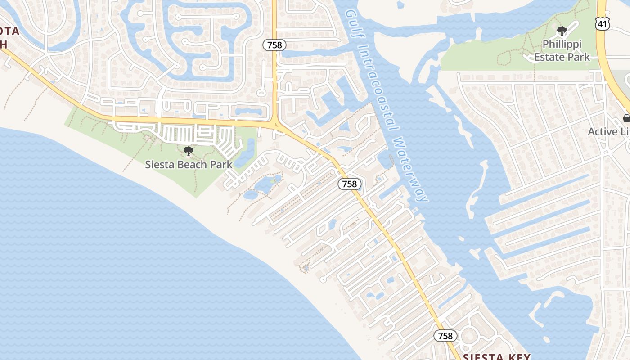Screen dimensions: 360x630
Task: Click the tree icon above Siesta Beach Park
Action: point(189,151)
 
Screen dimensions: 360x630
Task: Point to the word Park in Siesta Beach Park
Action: point(223,165)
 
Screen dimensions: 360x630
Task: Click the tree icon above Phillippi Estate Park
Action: point(562,31)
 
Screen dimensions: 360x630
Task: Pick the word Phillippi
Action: point(562,45)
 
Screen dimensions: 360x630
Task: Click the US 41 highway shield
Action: point(602,23)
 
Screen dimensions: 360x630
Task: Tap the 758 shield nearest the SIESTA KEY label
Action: point(445,336)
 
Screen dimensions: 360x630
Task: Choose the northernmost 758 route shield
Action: point(274,45)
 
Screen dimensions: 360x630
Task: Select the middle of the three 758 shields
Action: point(350,184)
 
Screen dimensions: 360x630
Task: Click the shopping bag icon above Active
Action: point(626,118)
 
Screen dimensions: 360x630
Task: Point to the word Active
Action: point(603,132)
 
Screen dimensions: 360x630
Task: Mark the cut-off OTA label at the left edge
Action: point(9,31)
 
